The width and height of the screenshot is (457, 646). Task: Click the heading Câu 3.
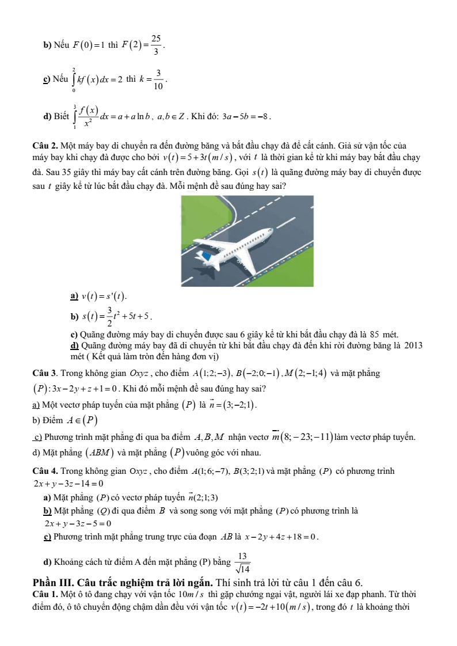click(44, 373)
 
